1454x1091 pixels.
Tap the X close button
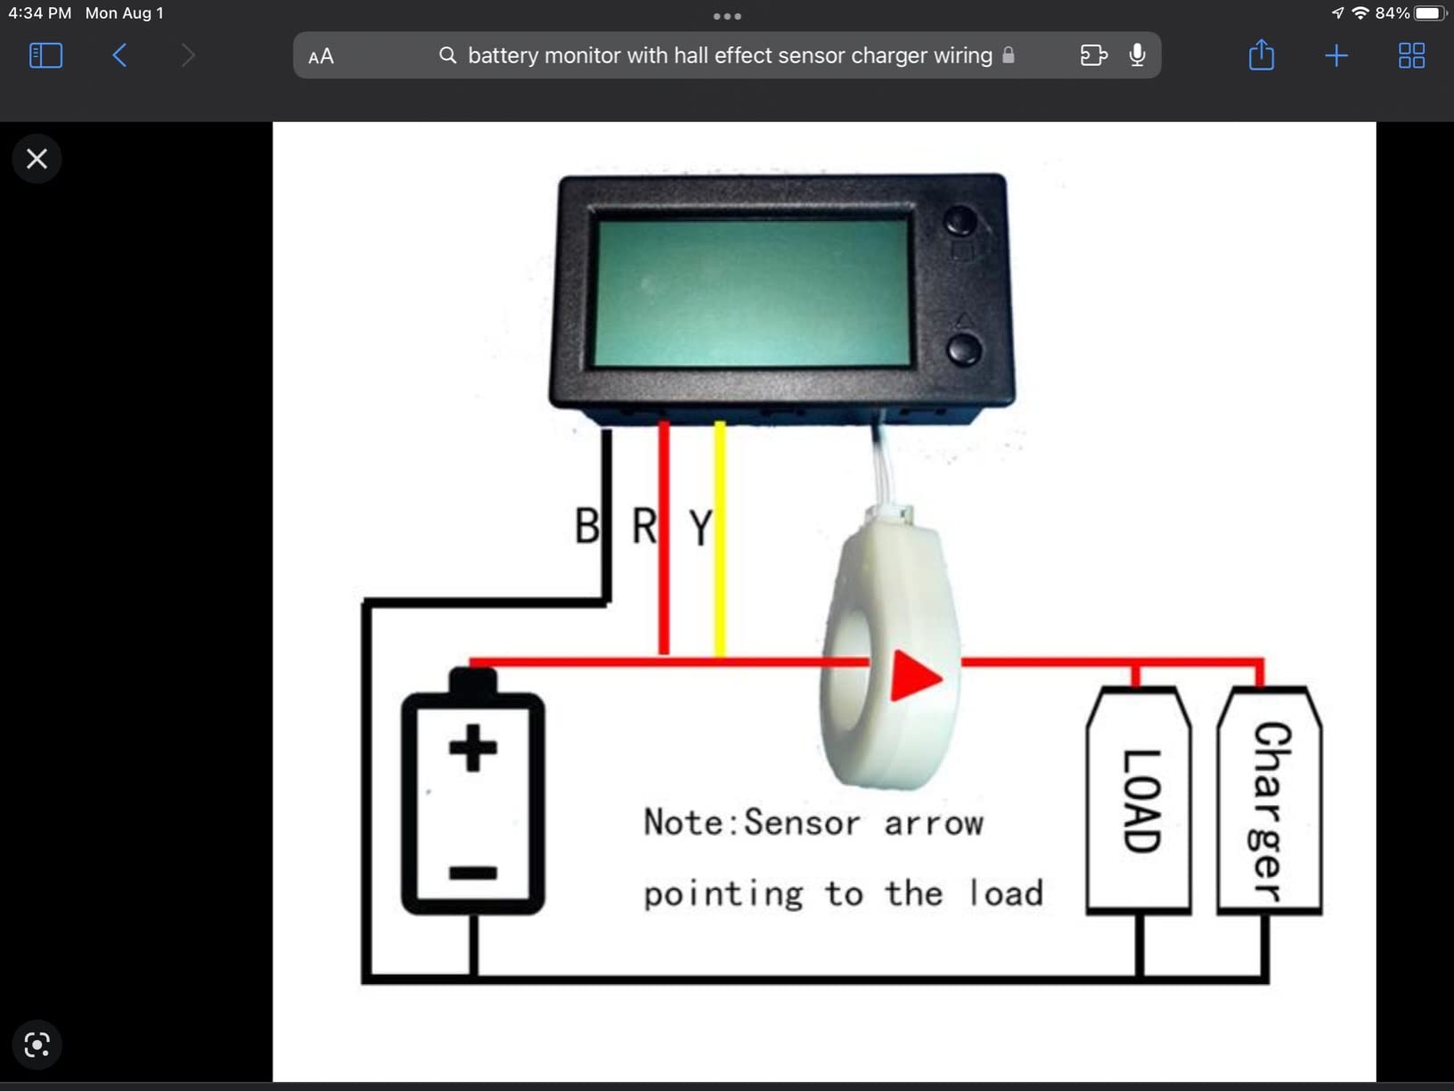point(37,159)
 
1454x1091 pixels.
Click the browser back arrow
point(119,55)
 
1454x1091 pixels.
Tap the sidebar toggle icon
point(45,55)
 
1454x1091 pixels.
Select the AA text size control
point(321,57)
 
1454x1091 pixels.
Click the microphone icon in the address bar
point(1137,55)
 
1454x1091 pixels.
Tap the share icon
point(1261,55)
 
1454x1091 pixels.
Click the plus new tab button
point(1336,56)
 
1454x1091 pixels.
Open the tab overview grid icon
point(1411,56)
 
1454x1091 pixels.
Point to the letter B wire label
point(587,526)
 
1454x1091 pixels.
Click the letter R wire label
point(644,526)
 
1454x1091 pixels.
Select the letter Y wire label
point(701,528)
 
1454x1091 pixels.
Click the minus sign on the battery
point(473,873)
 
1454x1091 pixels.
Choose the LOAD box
point(1140,800)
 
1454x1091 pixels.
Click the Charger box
point(1270,800)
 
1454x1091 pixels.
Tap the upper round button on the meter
point(960,220)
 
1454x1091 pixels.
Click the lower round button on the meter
point(963,349)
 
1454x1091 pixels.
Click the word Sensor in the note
point(801,823)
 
